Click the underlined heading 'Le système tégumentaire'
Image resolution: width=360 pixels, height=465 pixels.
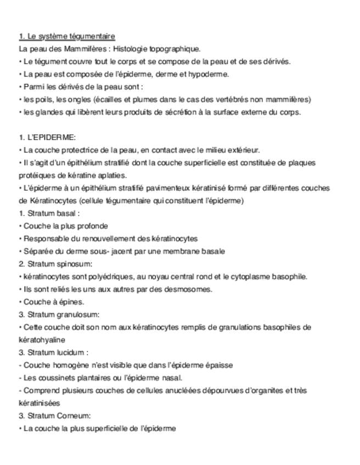[x=67, y=36]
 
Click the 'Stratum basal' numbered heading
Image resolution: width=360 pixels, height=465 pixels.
[x=52, y=213]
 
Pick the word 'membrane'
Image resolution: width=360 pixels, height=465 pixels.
[x=187, y=251]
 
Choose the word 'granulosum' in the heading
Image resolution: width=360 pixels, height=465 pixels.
[x=78, y=314]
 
